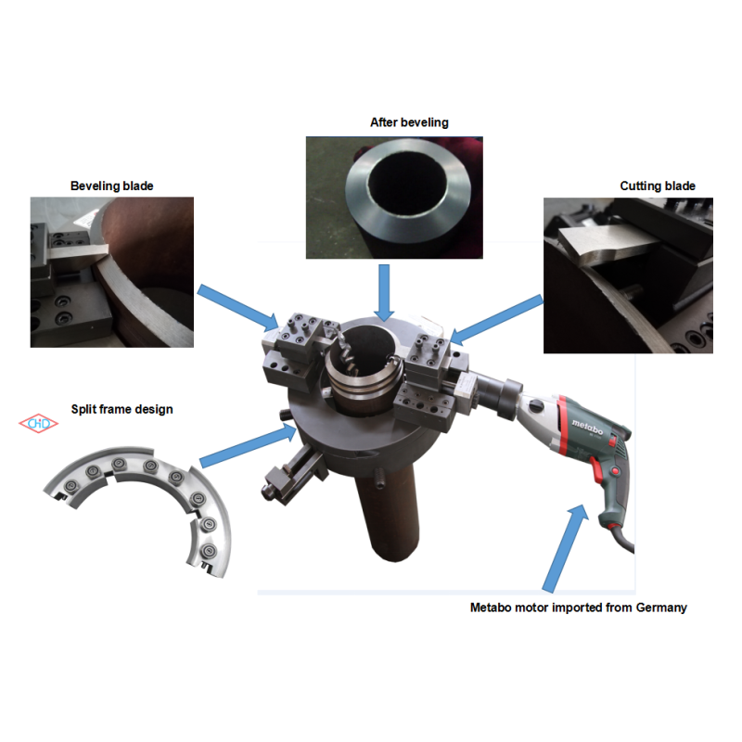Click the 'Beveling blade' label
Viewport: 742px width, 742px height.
point(111,185)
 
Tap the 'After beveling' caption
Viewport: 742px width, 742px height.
point(409,122)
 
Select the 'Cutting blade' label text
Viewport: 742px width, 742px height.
point(657,186)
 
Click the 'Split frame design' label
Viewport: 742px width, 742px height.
point(122,409)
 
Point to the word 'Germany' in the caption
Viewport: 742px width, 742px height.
point(658,608)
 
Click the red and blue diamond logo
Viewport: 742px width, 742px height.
point(39,423)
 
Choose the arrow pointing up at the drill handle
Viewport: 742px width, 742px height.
point(565,547)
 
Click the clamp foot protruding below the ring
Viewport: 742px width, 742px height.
point(288,473)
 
